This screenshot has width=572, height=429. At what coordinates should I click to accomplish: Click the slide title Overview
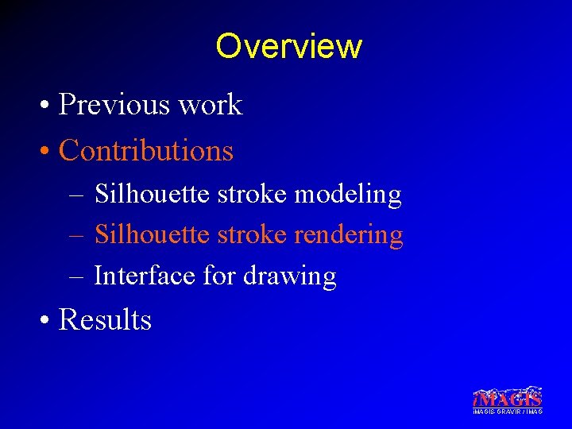pyautogui.click(x=288, y=46)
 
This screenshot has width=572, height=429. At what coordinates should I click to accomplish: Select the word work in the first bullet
pyautogui.click(x=214, y=105)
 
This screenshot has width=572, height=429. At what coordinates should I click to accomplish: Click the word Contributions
pyautogui.click(x=146, y=150)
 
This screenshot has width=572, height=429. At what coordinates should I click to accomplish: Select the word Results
pyautogui.click(x=105, y=319)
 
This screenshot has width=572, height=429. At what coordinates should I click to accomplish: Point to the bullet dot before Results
pyautogui.click(x=48, y=321)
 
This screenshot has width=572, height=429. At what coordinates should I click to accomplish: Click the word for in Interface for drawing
pyautogui.click(x=219, y=276)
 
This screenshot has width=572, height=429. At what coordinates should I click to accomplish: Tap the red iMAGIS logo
pyautogui.click(x=508, y=397)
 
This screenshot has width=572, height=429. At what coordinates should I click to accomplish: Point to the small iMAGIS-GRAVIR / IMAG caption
pyautogui.click(x=508, y=412)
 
